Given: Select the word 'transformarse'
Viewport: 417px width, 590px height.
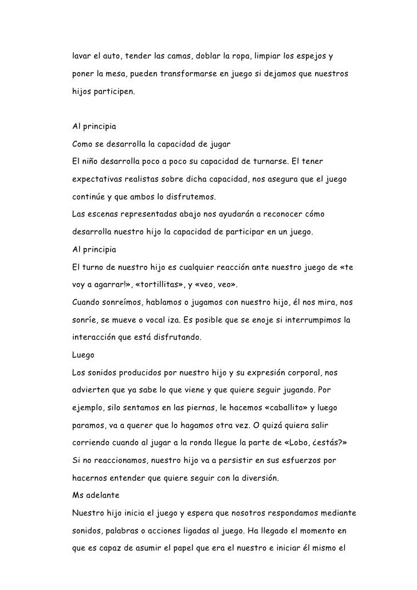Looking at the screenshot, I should tap(184, 74).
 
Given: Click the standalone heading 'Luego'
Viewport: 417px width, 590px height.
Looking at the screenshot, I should tap(83, 356).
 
